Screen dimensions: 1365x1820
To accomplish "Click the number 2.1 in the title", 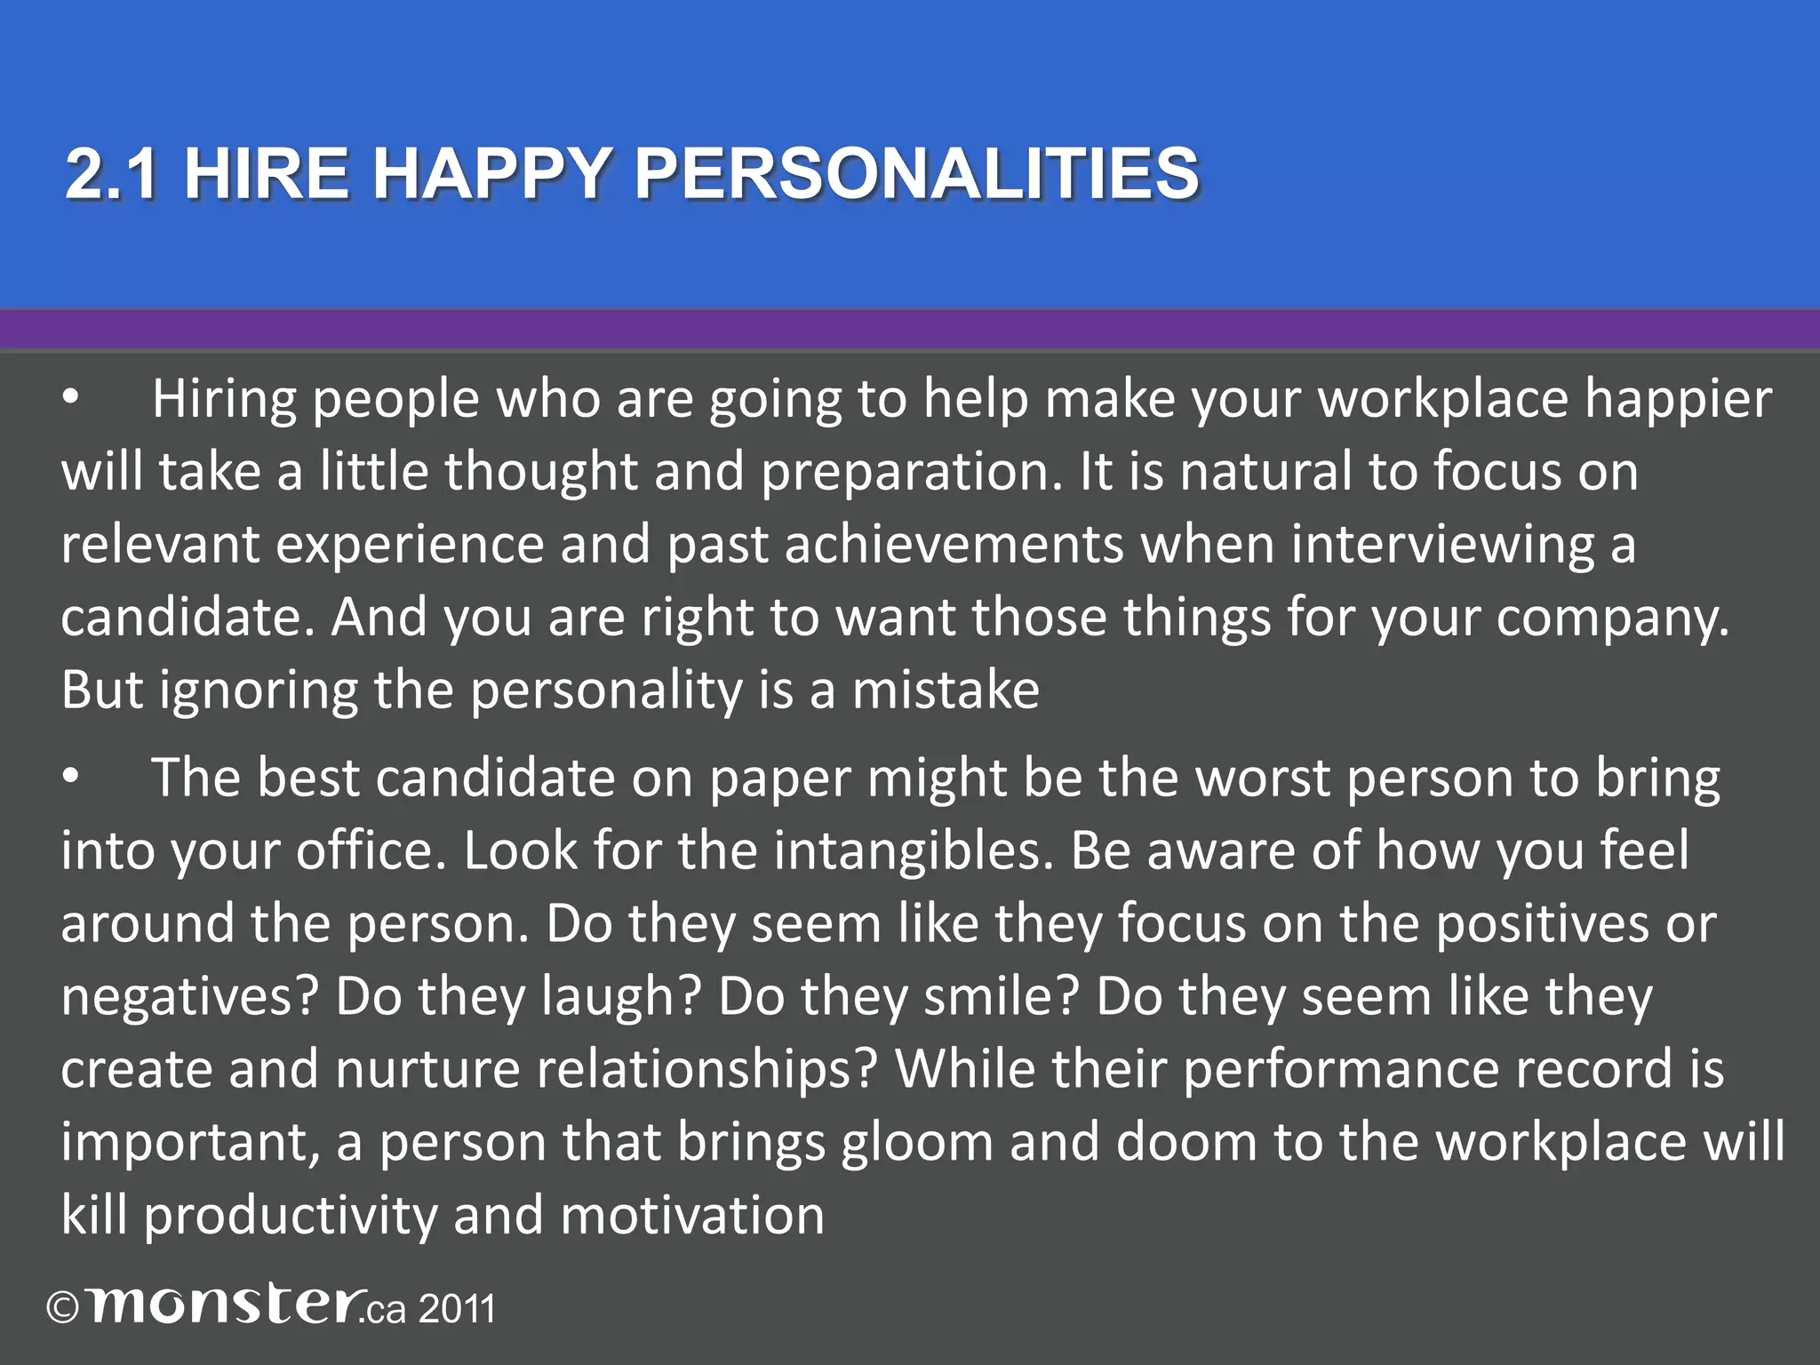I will [113, 173].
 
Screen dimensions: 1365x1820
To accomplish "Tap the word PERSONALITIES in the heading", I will [916, 173].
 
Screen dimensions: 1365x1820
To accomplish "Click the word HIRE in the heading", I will [266, 173].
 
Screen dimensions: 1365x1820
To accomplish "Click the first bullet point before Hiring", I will [71, 399].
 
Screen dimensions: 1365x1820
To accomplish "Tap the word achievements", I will [954, 545].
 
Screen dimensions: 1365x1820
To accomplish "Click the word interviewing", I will [1441, 545].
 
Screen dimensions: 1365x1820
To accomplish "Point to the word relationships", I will [707, 1070].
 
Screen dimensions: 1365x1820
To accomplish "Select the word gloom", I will [916, 1143].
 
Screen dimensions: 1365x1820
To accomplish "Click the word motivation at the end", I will [692, 1216].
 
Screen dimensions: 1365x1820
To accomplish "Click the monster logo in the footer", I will [226, 1306].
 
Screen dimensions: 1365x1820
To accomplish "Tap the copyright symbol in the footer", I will [63, 1309].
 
